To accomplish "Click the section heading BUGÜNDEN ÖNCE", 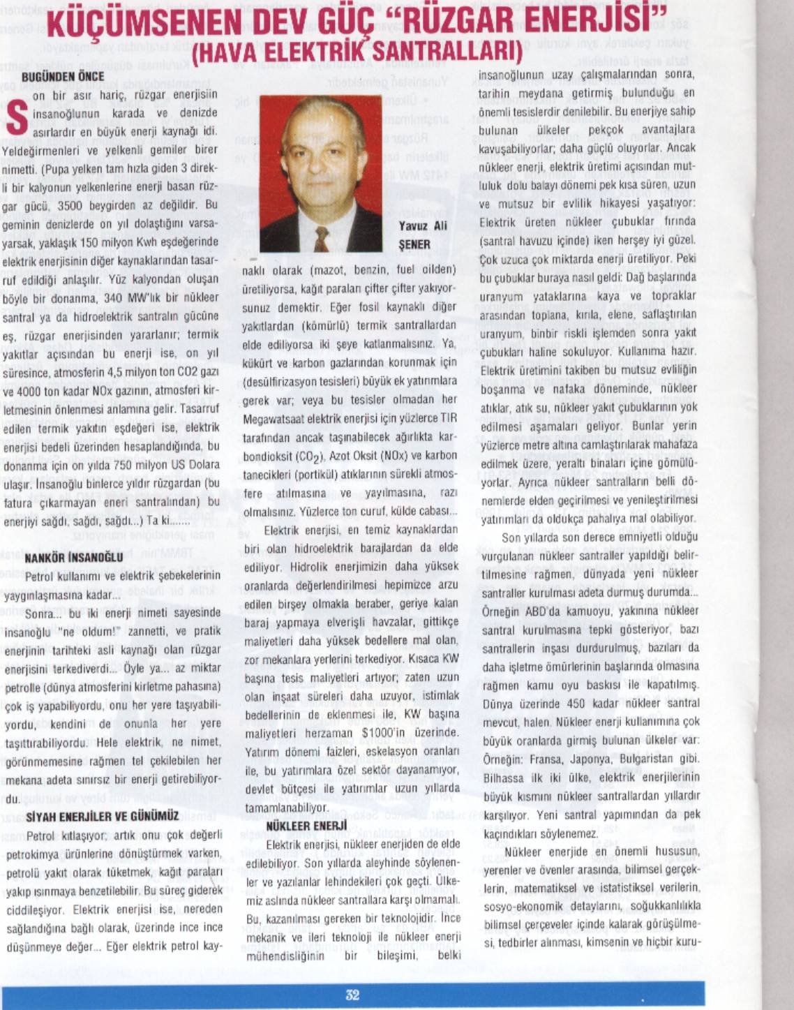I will pos(63,77).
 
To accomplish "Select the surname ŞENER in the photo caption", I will pos(414,245).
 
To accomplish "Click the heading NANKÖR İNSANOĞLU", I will pos(73,558).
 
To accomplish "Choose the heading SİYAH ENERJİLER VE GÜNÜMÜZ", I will pos(102,817).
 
